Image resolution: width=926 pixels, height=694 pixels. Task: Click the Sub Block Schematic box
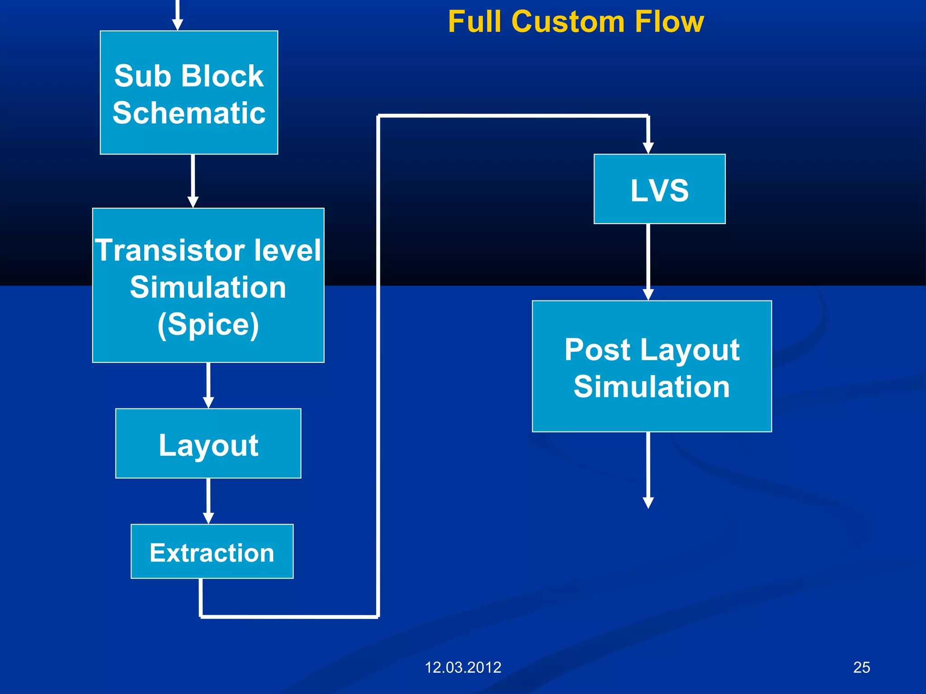[189, 93]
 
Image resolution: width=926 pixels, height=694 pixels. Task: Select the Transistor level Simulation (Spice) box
[208, 285]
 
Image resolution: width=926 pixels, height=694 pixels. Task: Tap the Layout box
[208, 443]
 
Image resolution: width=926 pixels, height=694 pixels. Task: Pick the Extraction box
[212, 551]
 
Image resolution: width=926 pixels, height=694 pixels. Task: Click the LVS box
[659, 189]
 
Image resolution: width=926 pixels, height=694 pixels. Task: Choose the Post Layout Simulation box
[652, 366]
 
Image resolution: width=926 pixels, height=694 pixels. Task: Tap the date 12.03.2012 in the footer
[463, 667]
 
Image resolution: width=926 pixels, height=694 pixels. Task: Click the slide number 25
[861, 667]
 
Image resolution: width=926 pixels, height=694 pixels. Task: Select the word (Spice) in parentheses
[208, 324]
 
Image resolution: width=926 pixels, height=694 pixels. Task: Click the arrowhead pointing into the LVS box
[648, 147]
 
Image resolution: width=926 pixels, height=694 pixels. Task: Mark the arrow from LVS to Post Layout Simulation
[648, 262]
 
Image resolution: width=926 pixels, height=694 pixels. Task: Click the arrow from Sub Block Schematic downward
[193, 181]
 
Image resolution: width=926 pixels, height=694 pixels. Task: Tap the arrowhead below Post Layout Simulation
[648, 502]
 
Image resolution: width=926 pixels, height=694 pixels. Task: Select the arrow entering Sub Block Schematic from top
[178, 16]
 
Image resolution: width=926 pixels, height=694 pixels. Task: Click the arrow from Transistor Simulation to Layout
[208, 385]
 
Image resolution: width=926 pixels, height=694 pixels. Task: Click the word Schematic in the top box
[189, 113]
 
